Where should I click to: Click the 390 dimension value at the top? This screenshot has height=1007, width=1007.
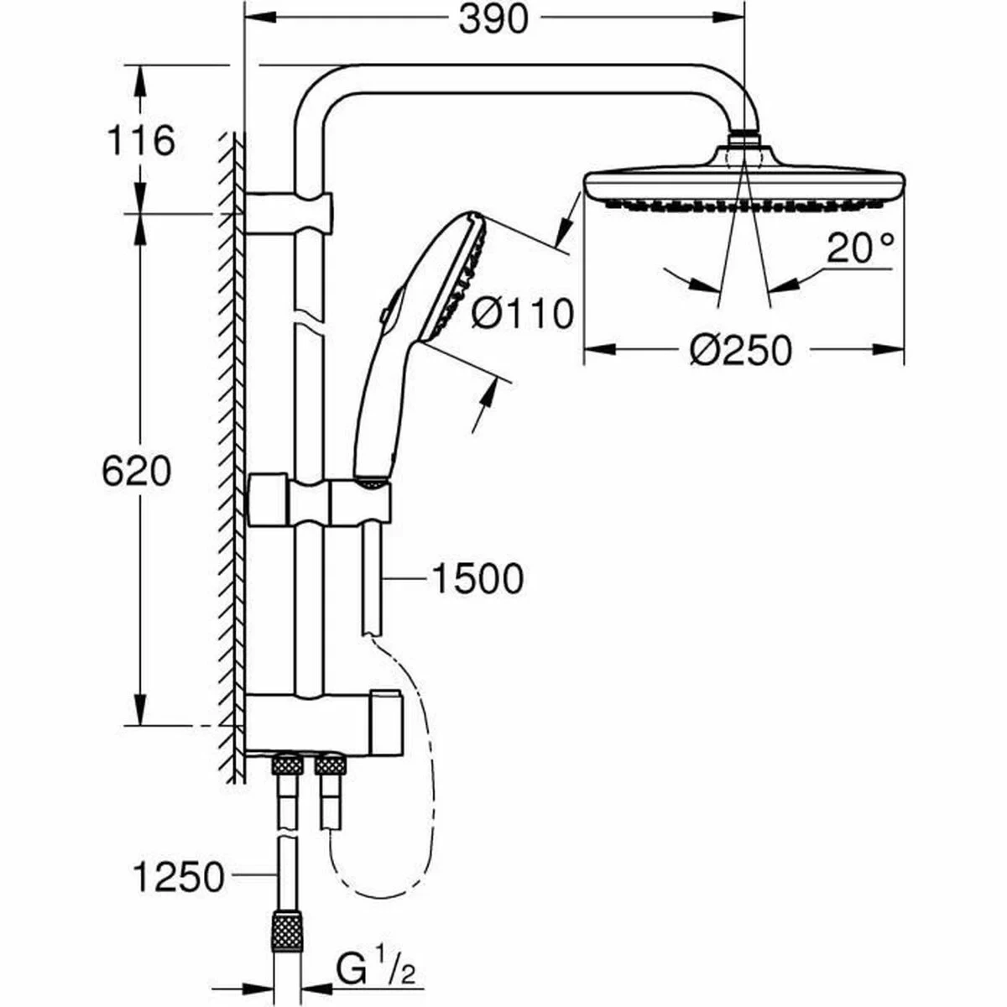493,20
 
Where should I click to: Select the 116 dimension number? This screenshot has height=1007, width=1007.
140,140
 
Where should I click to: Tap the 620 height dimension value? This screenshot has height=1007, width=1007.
136,472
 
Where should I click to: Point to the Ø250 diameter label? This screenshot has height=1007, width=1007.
740,350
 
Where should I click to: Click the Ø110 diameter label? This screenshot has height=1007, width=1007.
522,315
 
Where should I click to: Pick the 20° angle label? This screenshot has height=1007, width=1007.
860,249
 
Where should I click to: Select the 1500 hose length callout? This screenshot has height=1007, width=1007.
476,578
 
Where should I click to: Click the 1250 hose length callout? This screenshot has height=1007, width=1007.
179,878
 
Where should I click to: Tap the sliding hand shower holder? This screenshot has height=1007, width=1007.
319,501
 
